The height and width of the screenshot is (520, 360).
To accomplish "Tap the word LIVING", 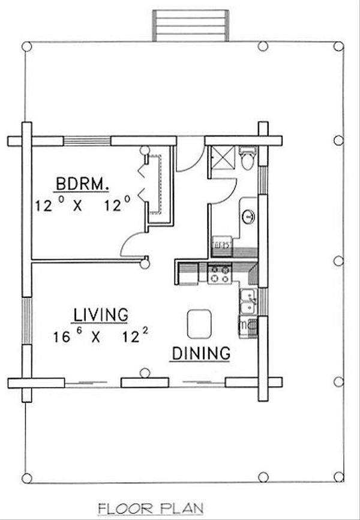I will click(x=100, y=314).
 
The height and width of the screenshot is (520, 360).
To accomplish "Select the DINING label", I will click(x=201, y=353).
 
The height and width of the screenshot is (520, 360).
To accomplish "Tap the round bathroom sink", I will click(x=248, y=217).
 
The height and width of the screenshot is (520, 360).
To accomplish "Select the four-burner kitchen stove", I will click(x=218, y=274).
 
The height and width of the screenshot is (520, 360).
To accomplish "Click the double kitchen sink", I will click(x=247, y=302).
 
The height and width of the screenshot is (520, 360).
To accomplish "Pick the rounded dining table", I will click(x=199, y=324).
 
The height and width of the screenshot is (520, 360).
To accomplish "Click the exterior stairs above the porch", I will click(x=190, y=25).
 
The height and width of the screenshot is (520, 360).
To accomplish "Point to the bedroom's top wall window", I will click(x=88, y=142).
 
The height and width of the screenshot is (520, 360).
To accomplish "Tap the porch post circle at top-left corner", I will click(x=26, y=46).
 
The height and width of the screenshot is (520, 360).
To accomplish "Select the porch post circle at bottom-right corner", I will click(x=338, y=477).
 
